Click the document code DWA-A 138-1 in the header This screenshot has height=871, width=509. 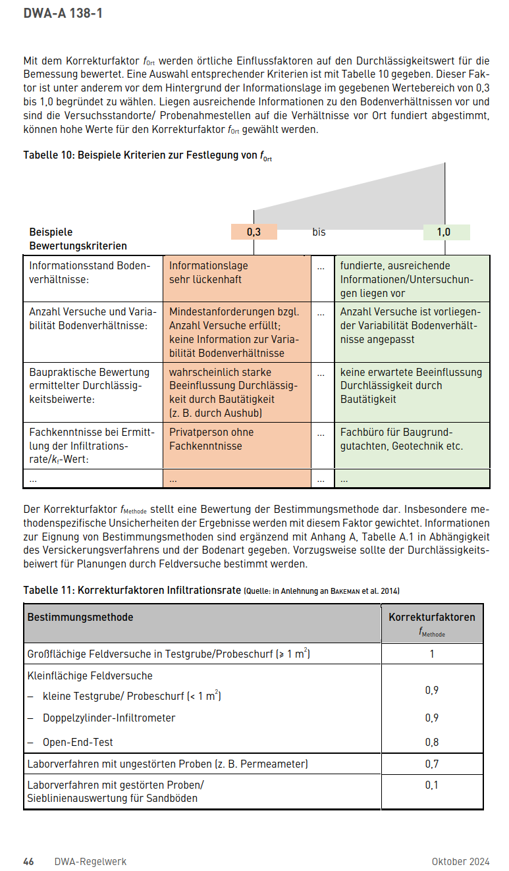(63, 13)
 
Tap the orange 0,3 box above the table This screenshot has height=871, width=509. (254, 232)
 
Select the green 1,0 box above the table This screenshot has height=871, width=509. (445, 232)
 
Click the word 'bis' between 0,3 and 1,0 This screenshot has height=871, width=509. (319, 232)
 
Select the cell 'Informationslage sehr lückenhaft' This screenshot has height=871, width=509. (208, 273)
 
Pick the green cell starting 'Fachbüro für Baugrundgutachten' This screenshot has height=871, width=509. (401, 439)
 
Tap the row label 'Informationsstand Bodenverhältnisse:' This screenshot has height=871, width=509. (90, 273)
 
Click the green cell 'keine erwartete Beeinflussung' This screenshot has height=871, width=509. (411, 385)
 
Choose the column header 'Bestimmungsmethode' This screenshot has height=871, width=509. (80, 617)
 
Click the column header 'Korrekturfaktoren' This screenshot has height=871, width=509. (432, 617)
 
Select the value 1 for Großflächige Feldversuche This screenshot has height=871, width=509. (432, 654)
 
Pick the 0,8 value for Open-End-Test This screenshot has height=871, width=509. (432, 742)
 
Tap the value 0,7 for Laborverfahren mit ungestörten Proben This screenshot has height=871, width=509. (432, 764)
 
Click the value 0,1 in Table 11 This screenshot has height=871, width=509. (432, 785)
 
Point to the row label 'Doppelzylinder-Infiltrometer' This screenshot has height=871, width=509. (109, 718)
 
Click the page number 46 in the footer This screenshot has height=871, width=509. (29, 861)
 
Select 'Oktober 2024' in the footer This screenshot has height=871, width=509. (460, 861)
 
